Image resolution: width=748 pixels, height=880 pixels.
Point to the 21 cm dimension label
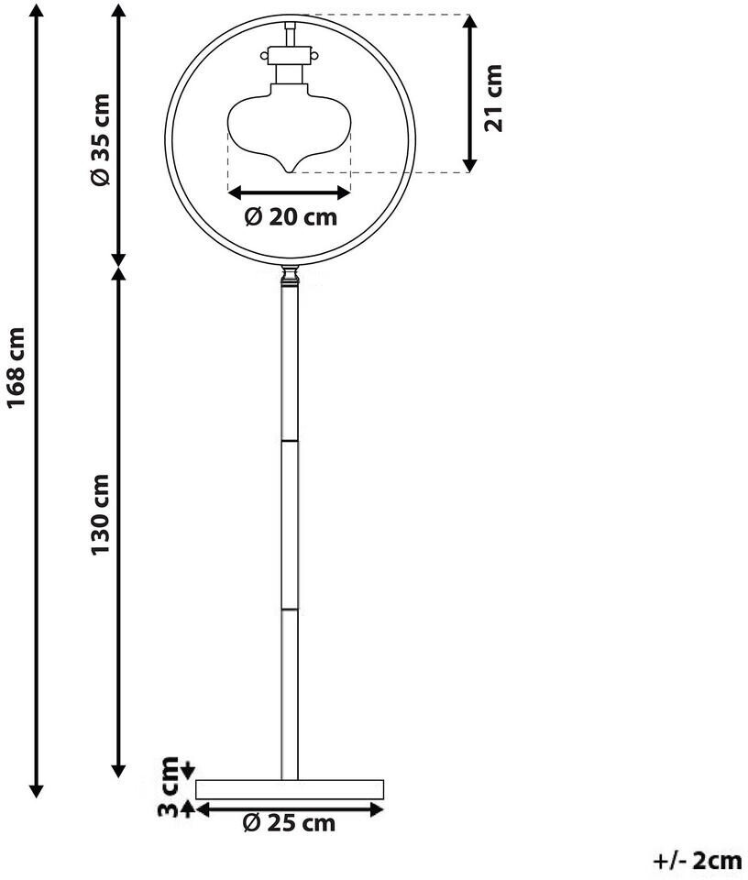click(x=494, y=97)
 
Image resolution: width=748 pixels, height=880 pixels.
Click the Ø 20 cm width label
click(x=291, y=217)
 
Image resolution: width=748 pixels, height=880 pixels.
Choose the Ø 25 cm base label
click(x=289, y=822)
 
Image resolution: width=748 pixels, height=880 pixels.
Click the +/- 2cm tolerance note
click(x=696, y=861)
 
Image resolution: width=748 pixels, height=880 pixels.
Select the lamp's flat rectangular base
click(x=290, y=788)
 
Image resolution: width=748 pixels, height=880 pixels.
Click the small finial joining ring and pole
click(x=290, y=274)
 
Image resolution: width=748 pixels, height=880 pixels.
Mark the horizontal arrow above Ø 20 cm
click(x=290, y=192)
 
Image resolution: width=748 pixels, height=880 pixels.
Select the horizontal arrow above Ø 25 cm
click(x=290, y=808)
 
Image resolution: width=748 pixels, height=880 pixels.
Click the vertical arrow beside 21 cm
click(x=468, y=93)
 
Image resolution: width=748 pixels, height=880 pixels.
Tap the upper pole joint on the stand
click(x=290, y=439)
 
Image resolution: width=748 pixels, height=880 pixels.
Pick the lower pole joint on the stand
click(x=290, y=607)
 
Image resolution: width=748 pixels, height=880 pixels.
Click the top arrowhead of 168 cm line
click(x=37, y=11)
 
